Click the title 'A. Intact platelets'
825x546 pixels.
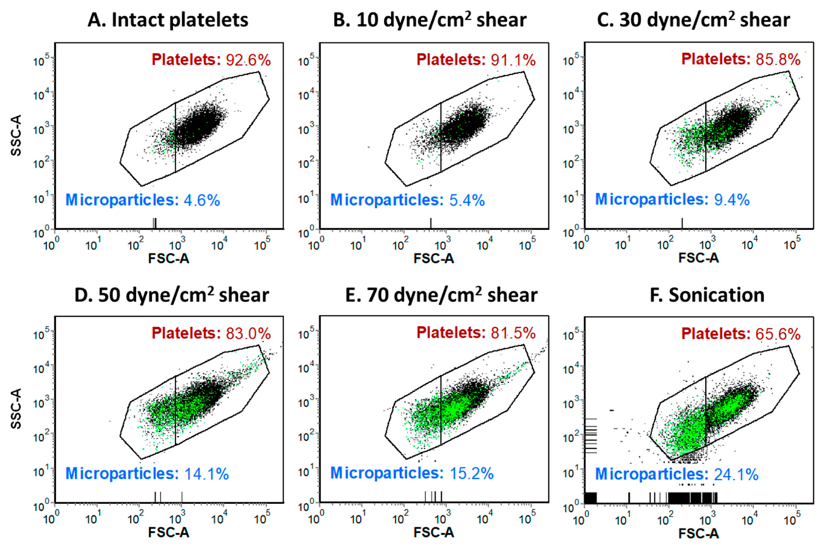coord(168,20)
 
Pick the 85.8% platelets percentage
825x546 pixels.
coord(778,60)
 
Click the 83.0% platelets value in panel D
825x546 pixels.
coord(248,334)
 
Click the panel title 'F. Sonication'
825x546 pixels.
coord(707,295)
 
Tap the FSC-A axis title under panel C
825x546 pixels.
coord(699,258)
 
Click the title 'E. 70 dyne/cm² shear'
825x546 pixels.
coord(441,295)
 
